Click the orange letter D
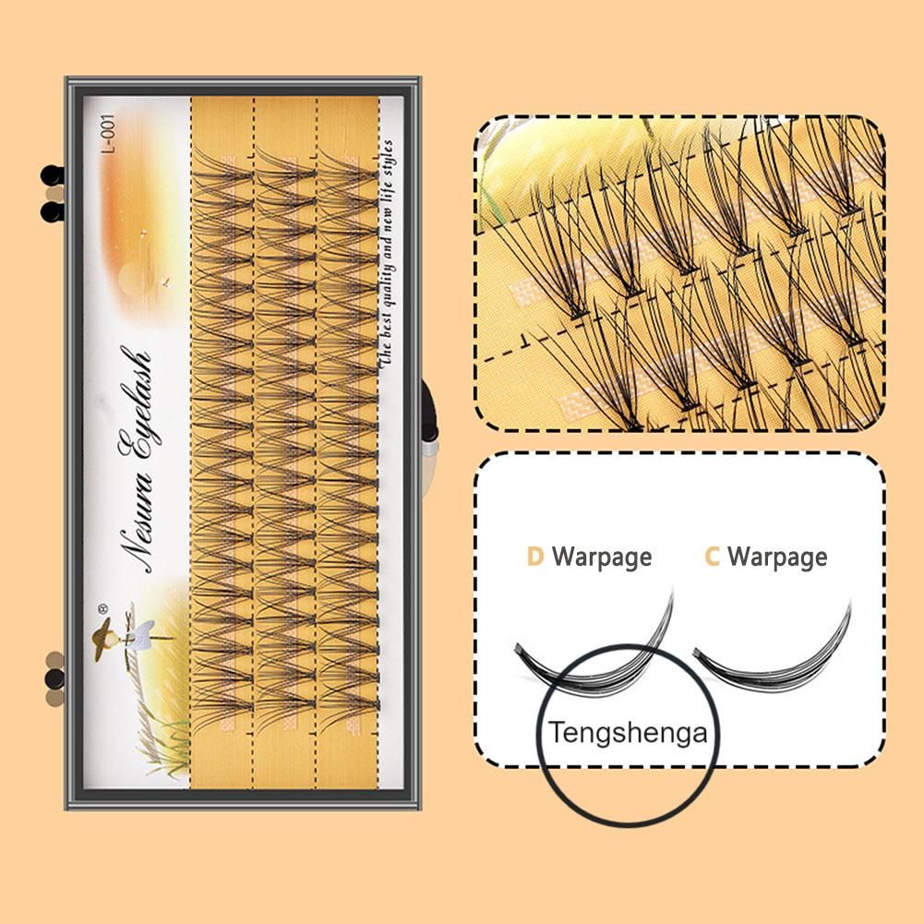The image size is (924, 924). click(534, 557)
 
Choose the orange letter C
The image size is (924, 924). click(712, 557)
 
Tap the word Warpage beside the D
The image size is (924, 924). click(602, 557)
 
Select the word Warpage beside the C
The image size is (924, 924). click(777, 557)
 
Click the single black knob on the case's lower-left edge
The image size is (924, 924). click(53, 681)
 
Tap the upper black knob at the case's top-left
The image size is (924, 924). click(52, 174)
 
